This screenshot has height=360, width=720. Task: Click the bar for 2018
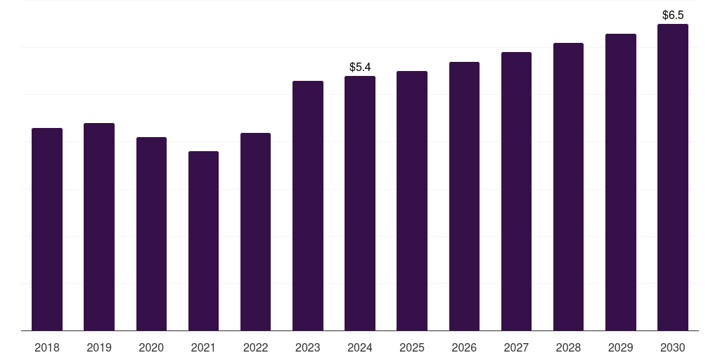coord(47,229)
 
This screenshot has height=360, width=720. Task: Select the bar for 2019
coord(99,226)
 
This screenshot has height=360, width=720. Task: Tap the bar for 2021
coord(203,240)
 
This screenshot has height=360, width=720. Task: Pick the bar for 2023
coord(308,205)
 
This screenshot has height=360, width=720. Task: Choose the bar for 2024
coord(360,203)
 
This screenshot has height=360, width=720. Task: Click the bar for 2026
coord(464,196)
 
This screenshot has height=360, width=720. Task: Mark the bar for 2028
coord(568,186)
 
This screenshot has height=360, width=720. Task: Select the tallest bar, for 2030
coord(673,177)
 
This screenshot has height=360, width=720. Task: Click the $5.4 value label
coord(360,67)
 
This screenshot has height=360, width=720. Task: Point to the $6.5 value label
coord(673,15)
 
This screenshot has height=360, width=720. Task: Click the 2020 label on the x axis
coord(151,348)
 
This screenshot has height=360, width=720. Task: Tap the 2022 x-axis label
coord(255,348)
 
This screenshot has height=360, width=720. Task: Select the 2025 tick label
coord(412,348)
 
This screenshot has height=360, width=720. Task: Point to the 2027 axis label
coord(516,348)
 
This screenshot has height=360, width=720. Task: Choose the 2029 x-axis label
coord(621,348)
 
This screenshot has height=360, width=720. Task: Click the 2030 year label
coord(673,348)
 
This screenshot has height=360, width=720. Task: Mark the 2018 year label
coord(47,348)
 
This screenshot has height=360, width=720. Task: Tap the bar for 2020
coord(151,233)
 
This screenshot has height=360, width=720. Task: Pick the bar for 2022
coord(255,231)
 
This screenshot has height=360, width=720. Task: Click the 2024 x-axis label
coord(360,348)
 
